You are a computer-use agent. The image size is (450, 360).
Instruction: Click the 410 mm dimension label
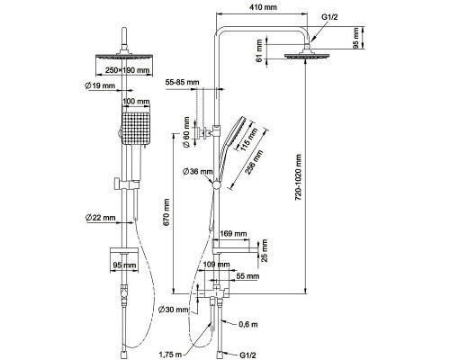[263, 7]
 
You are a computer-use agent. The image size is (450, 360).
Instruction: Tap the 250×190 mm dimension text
[127, 70]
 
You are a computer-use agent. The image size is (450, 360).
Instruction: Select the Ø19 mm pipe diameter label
[100, 85]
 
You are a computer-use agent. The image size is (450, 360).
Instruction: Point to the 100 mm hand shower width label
[136, 102]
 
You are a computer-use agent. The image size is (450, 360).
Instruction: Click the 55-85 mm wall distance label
[182, 82]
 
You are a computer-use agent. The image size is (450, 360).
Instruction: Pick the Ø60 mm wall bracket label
[186, 132]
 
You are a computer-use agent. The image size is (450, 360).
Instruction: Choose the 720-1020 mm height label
[298, 177]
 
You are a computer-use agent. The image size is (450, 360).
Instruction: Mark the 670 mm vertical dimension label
[166, 212]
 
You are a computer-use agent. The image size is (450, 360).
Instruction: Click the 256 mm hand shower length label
[254, 162]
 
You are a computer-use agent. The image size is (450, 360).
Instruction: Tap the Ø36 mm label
[198, 172]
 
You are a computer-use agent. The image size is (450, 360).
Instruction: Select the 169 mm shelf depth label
[233, 233]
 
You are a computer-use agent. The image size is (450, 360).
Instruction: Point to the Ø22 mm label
[100, 218]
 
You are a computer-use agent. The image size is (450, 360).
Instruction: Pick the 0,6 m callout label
[248, 324]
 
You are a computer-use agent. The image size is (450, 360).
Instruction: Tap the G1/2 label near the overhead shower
[329, 17]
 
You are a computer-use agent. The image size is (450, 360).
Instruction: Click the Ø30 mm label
[174, 310]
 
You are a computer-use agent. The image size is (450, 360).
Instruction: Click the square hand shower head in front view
[136, 129]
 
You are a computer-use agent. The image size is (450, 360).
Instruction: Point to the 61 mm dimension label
[259, 50]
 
